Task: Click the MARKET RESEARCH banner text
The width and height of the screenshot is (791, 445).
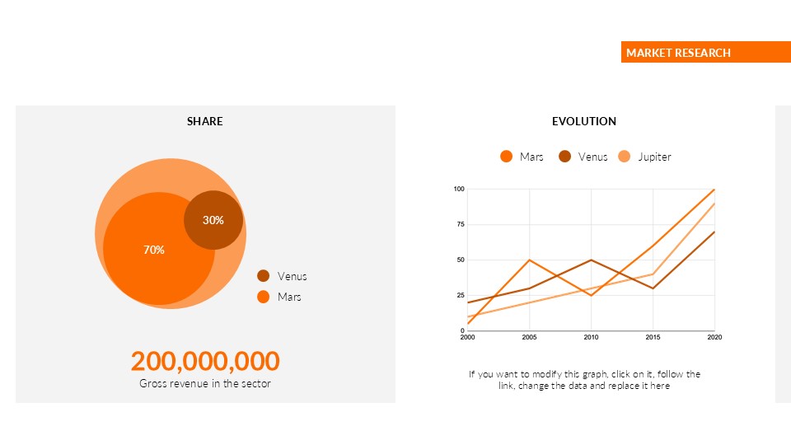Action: (678, 53)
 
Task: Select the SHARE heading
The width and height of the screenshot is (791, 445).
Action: (204, 121)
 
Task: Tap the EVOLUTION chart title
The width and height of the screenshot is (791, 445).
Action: (584, 121)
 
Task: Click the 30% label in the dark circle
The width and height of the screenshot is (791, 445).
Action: (213, 220)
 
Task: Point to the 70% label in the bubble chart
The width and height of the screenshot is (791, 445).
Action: (154, 250)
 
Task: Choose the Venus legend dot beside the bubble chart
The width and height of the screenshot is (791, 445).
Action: (264, 276)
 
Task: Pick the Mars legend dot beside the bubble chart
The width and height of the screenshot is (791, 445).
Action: (264, 297)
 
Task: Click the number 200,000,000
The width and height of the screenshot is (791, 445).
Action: (205, 361)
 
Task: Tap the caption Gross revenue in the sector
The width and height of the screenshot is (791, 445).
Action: (205, 383)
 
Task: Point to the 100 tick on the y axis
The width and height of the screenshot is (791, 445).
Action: (459, 190)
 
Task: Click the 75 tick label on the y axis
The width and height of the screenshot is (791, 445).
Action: (460, 225)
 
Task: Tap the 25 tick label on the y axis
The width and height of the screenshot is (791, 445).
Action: (460, 295)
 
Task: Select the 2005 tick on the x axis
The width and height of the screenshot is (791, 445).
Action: (529, 337)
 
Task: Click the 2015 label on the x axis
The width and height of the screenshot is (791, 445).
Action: (653, 337)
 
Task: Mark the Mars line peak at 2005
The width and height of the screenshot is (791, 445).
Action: (529, 260)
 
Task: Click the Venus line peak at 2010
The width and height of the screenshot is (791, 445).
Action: (591, 260)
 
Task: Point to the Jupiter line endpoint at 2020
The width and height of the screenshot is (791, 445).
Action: (714, 204)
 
